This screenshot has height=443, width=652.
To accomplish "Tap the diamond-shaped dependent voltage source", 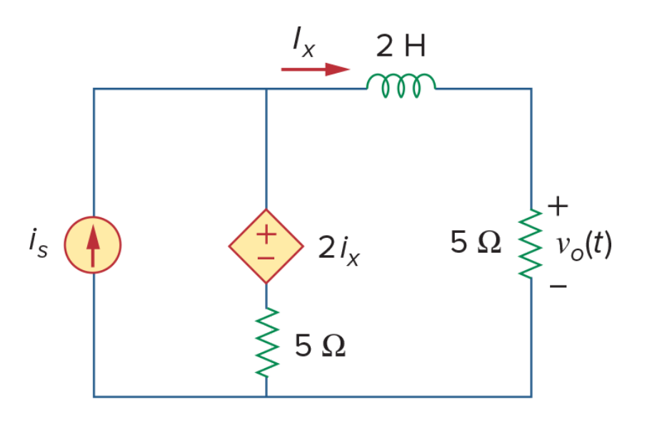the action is [x=266, y=247].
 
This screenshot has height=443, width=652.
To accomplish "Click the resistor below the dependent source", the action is [x=266, y=342].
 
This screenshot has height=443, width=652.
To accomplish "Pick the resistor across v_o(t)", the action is [x=531, y=244].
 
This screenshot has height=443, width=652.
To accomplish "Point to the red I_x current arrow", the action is [x=315, y=69].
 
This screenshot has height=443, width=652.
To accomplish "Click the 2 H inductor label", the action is [x=401, y=46].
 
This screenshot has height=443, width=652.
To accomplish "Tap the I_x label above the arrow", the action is [x=304, y=41].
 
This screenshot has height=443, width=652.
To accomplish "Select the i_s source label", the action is [x=39, y=243].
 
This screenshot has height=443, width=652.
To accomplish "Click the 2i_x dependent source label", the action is [x=338, y=249].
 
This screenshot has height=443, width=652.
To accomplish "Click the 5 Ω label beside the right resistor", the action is [x=476, y=242].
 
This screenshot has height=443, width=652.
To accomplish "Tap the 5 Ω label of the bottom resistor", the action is [x=320, y=346].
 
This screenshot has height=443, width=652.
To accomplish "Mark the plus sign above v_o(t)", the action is [x=558, y=206].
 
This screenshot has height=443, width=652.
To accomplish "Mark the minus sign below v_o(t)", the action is [x=558, y=286].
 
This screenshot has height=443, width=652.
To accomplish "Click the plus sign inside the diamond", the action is [x=266, y=234].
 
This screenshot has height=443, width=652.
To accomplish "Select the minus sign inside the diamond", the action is [x=266, y=259].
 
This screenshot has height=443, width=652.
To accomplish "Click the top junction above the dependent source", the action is [x=266, y=89].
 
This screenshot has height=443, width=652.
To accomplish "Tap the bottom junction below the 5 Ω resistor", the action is [x=266, y=397].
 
